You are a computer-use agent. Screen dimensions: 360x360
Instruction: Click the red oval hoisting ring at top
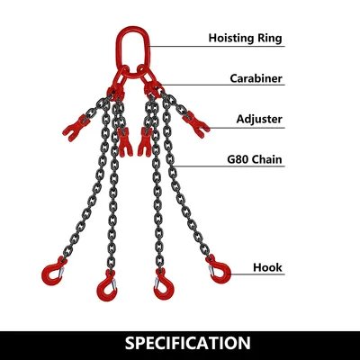point(117,48)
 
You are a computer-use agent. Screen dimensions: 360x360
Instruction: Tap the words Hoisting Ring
point(245,38)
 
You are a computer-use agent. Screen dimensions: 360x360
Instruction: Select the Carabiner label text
point(256,78)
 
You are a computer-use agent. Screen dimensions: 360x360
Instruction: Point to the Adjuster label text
point(259,119)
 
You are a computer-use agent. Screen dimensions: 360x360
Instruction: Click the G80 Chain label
point(255,159)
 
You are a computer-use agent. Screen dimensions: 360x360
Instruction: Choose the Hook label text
point(267,267)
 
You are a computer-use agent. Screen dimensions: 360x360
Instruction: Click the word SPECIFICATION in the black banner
point(188,343)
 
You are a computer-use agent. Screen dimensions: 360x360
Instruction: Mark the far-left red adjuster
point(76,128)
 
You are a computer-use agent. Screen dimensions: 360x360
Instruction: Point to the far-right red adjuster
point(196,125)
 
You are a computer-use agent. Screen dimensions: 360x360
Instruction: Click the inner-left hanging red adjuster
point(124,141)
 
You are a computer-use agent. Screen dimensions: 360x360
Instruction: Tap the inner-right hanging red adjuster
point(145,141)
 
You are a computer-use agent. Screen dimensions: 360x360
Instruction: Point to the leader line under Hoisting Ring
point(217,47)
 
